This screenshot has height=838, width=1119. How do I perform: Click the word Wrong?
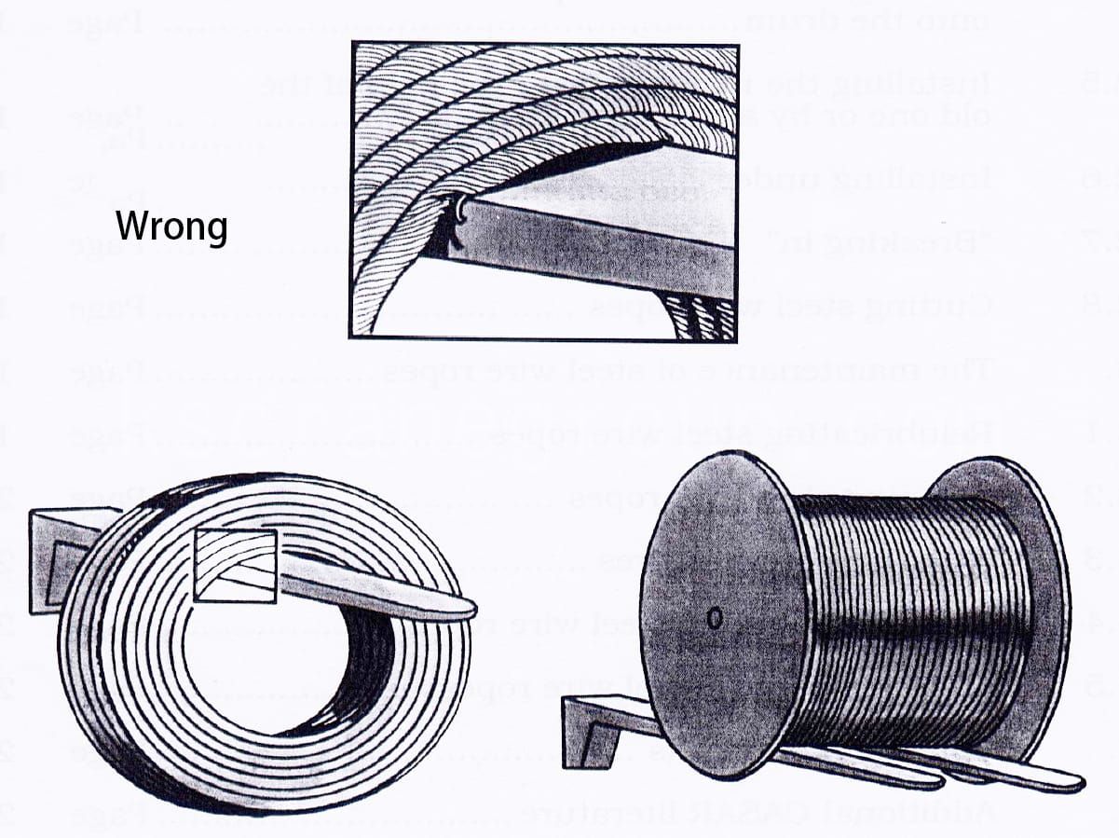[171, 226]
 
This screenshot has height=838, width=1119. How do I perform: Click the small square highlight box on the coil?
[235, 565]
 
